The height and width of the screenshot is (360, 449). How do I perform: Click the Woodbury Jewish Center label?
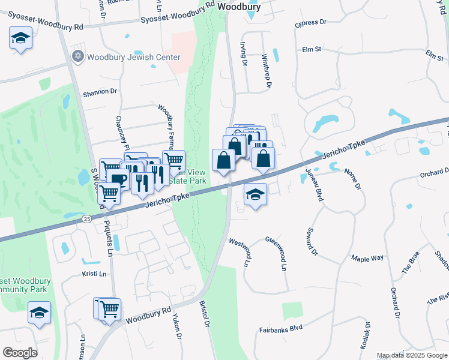coord(133,58)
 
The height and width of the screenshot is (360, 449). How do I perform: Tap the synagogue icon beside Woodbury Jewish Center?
coord(77,57)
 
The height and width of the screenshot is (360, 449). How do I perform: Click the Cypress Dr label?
coord(310,23)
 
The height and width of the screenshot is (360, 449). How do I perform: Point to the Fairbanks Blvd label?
coord(281,328)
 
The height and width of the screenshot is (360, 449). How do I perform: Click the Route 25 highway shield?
coord(88,220)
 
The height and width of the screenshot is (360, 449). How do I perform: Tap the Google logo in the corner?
coord(20,352)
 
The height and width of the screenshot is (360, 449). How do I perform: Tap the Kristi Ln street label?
coord(94,274)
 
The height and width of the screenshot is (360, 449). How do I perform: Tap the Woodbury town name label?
coord(239,7)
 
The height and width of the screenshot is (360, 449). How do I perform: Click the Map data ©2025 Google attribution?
coord(412,355)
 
